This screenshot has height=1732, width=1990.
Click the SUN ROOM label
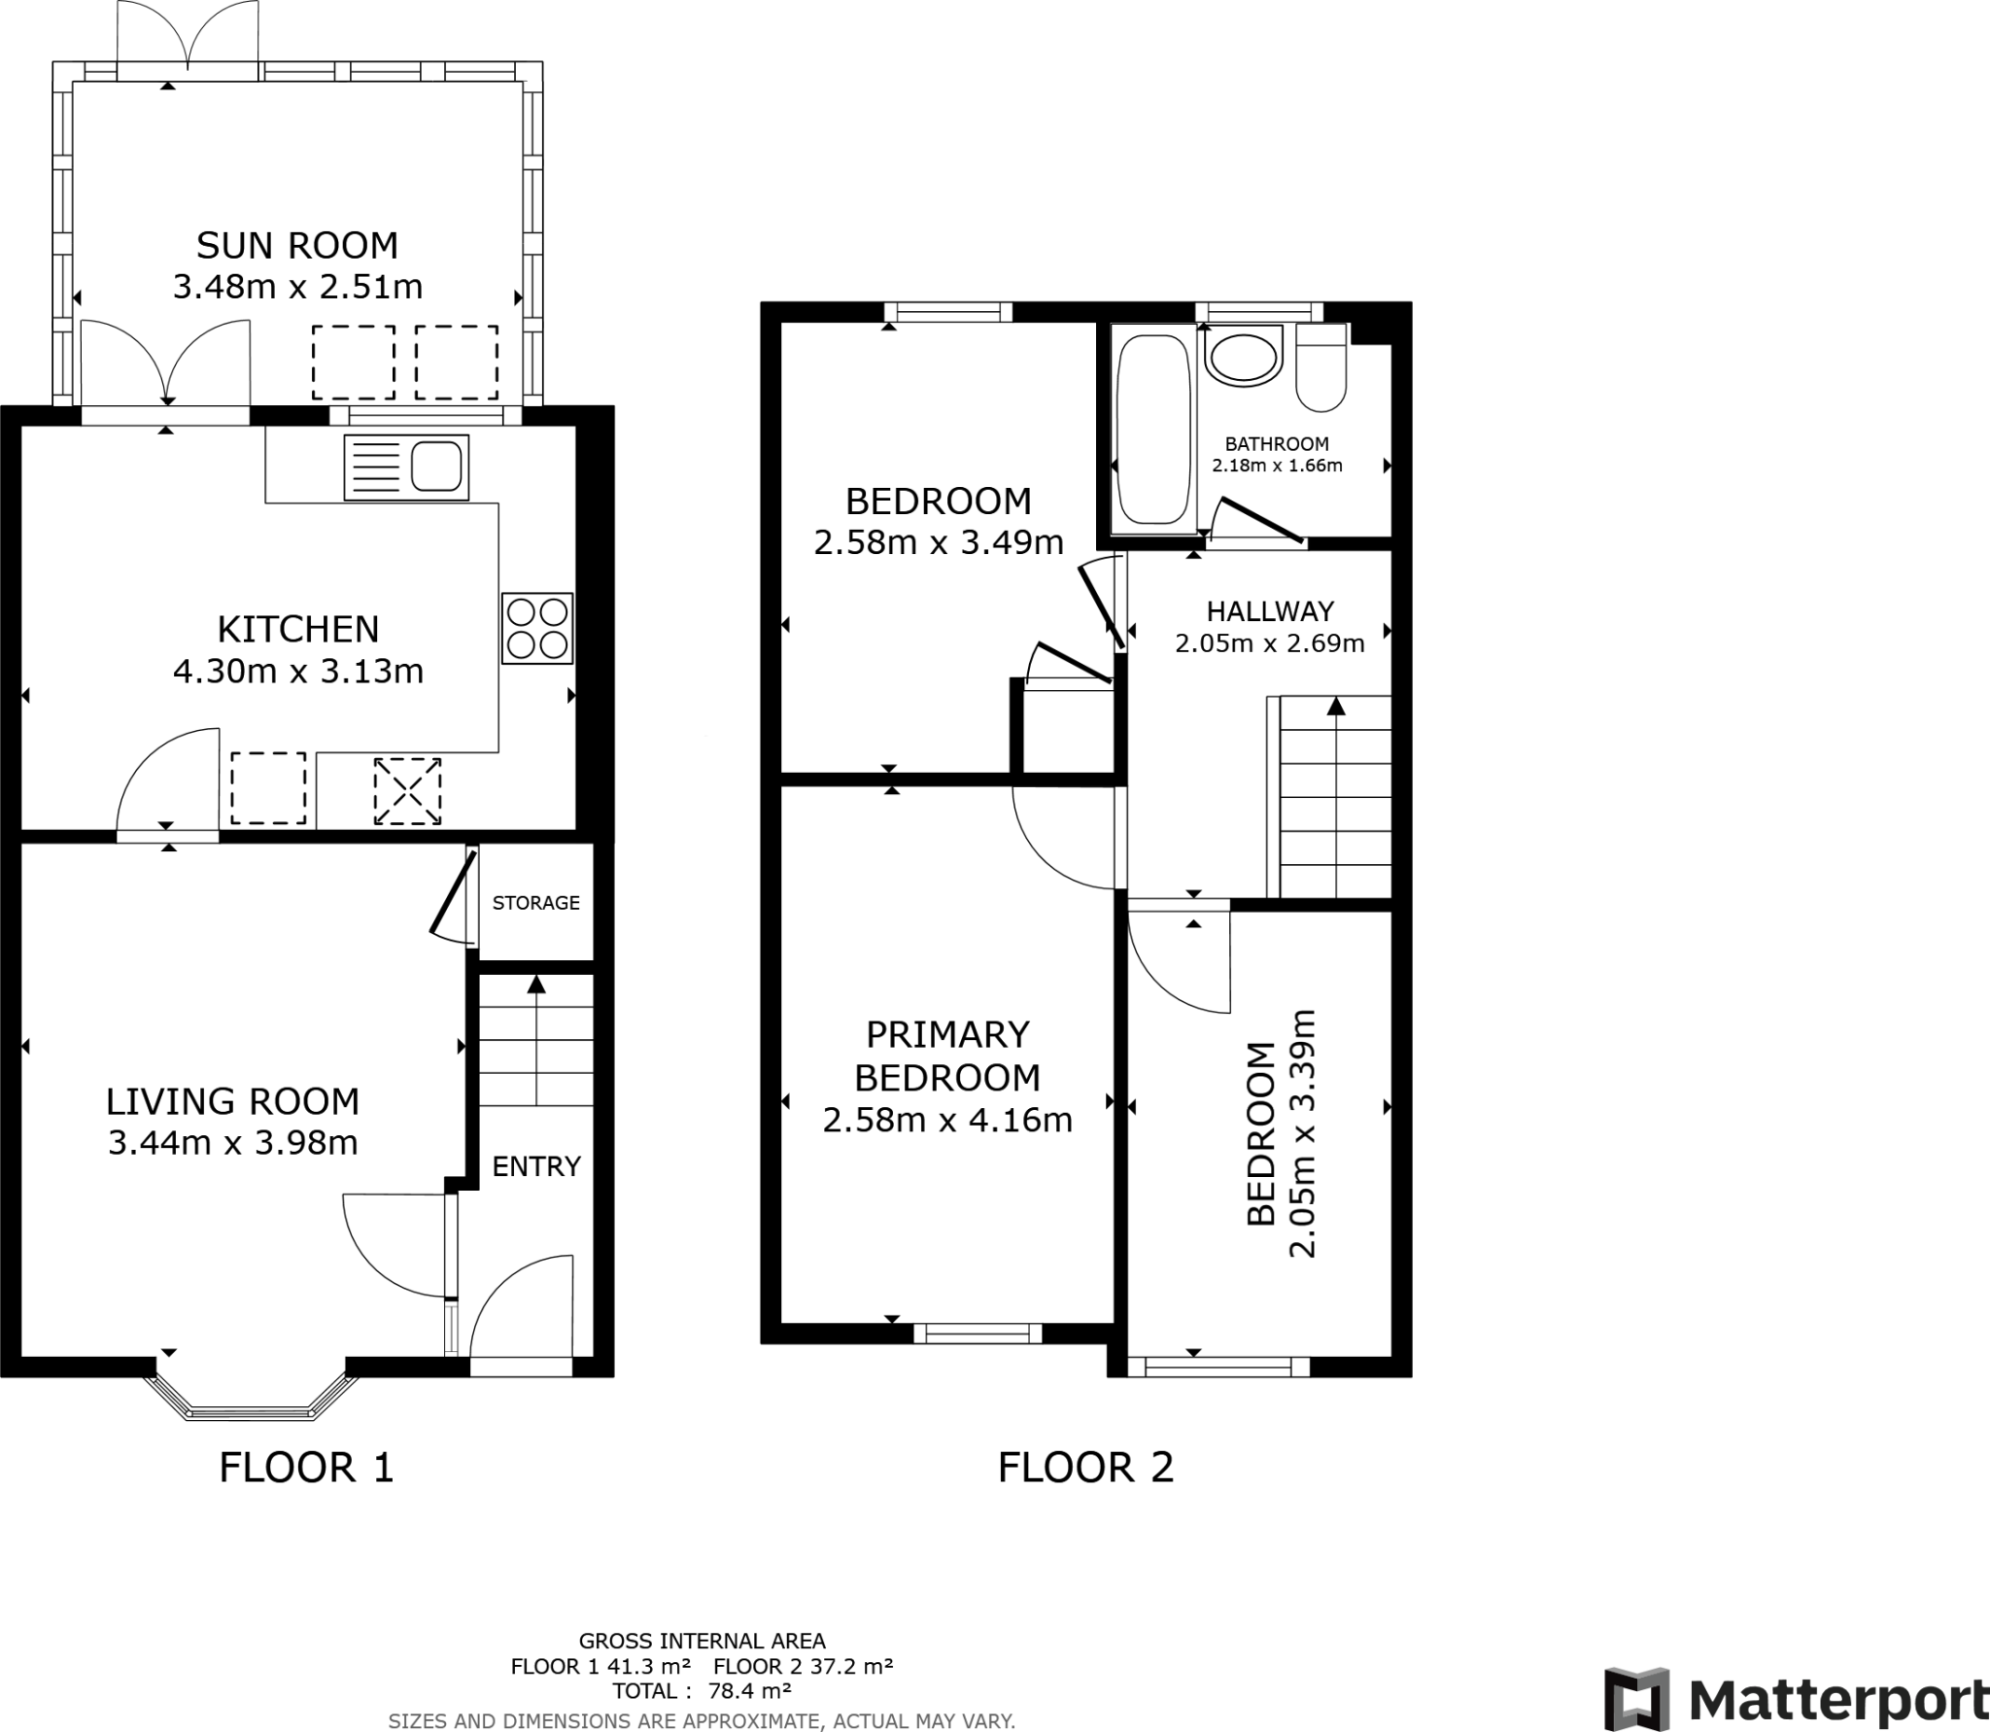click(297, 246)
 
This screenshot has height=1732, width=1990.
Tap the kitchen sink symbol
click(406, 468)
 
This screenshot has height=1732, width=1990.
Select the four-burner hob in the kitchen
click(537, 628)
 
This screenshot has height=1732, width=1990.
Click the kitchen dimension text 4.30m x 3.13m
click(298, 672)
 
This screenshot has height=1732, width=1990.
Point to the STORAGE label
click(535, 903)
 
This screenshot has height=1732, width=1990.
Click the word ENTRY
click(536, 1166)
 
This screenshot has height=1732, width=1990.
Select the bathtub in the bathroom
click(1153, 430)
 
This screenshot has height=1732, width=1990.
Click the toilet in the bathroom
click(1321, 369)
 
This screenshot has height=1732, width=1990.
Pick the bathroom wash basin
click(1243, 359)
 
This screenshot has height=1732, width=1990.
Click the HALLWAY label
click(1270, 611)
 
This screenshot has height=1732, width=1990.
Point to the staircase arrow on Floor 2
click(1336, 708)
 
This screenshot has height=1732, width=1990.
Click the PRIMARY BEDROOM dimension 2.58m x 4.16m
click(947, 1121)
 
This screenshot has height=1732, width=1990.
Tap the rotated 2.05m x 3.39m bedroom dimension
click(1302, 1133)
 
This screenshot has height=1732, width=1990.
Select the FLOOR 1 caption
click(307, 1468)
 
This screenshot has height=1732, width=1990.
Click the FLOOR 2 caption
click(1085, 1468)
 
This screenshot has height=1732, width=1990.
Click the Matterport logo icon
click(1636, 1698)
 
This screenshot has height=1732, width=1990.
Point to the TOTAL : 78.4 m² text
click(702, 1690)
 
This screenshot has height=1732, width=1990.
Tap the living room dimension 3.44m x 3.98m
click(233, 1142)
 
